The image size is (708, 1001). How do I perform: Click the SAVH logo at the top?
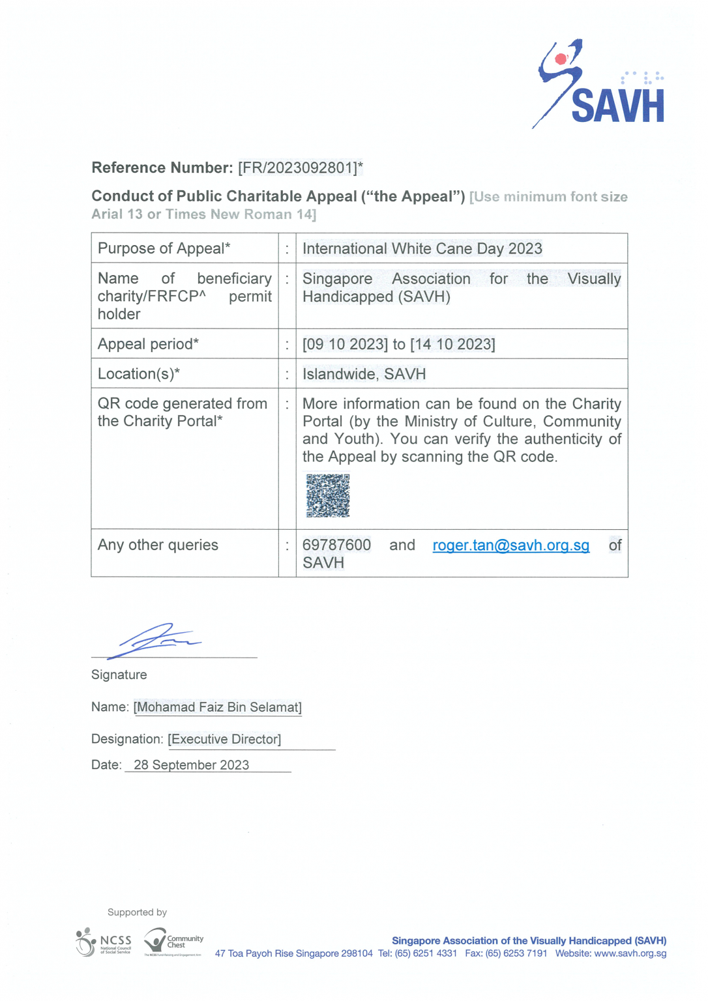[x=600, y=85]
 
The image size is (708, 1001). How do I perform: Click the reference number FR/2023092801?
[x=300, y=168]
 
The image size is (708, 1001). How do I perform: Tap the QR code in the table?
[x=328, y=496]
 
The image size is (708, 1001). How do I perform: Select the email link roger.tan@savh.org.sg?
[x=510, y=545]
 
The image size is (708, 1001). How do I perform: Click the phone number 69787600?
[x=336, y=545]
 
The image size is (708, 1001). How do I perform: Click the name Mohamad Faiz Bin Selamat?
[x=218, y=708]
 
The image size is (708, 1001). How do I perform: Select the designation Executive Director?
[x=224, y=740]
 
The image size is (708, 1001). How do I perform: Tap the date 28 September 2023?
[x=191, y=765]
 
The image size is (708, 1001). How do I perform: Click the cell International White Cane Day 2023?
[x=422, y=249]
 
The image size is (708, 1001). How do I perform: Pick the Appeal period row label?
[x=148, y=344]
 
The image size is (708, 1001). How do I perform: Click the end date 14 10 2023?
[x=452, y=344]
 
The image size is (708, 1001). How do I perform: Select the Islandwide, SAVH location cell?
[x=364, y=374]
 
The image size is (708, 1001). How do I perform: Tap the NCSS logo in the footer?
[x=104, y=943]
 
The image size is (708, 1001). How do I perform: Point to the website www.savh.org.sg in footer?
[x=630, y=953]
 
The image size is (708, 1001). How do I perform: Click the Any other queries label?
[x=158, y=545]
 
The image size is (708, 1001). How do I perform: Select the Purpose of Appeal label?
[x=164, y=249]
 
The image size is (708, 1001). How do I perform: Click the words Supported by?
[x=137, y=912]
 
